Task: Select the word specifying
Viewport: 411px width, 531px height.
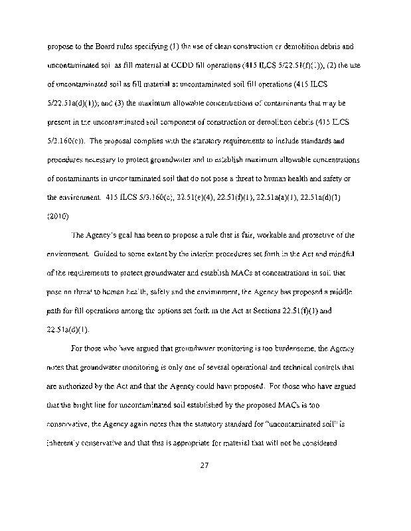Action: (145, 47)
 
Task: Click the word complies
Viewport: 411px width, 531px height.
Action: (149, 141)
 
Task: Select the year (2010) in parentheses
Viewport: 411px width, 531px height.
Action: (58, 216)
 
